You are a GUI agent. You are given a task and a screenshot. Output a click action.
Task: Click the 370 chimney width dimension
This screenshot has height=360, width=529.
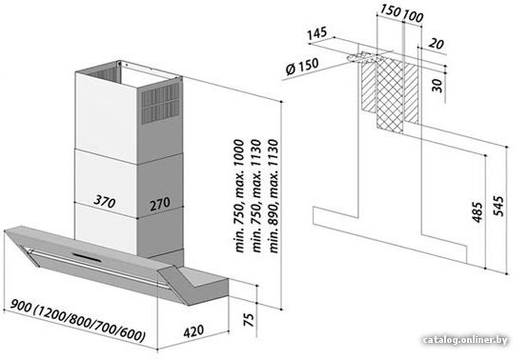click(x=104, y=201)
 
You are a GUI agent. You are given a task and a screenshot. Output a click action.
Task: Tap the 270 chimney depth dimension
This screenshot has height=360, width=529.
click(x=160, y=204)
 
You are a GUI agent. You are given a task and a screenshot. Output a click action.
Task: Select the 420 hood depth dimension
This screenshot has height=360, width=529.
click(x=193, y=331)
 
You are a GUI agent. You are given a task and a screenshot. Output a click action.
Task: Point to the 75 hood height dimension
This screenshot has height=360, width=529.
click(x=248, y=320)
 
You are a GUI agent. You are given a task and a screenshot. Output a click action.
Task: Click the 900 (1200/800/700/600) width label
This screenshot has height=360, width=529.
click(x=78, y=321)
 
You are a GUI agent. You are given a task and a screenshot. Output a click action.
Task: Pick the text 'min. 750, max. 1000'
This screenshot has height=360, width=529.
click(x=239, y=195)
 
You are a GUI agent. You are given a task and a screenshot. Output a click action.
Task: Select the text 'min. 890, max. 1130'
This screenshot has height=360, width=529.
click(x=274, y=196)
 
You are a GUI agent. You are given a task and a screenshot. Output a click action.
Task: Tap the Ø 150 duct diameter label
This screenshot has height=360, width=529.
click(x=302, y=67)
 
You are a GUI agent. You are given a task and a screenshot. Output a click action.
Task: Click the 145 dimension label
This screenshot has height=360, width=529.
click(x=317, y=33)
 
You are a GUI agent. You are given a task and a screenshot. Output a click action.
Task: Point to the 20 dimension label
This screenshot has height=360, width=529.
click(x=436, y=44)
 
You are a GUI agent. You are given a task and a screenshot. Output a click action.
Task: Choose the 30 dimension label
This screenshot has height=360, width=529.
click(x=437, y=86)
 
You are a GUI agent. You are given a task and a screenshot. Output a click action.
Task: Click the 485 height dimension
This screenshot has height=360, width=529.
click(x=477, y=212)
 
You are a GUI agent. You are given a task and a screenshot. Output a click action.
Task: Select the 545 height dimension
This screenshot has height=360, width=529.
click(x=498, y=206)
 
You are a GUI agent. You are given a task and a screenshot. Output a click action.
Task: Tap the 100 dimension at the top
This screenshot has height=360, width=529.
click(x=413, y=16)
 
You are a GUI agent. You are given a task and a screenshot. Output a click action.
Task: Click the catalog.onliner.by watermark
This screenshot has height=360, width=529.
click(x=465, y=340)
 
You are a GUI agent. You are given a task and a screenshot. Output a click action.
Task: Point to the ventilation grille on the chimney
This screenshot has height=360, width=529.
click(x=160, y=104)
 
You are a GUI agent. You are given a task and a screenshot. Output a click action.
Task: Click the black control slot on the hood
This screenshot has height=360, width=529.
click(x=87, y=257)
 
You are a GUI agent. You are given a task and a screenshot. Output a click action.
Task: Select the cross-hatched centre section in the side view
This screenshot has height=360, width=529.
click(x=390, y=93)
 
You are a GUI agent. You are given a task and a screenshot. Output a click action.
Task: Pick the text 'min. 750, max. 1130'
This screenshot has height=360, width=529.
click(x=256, y=195)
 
